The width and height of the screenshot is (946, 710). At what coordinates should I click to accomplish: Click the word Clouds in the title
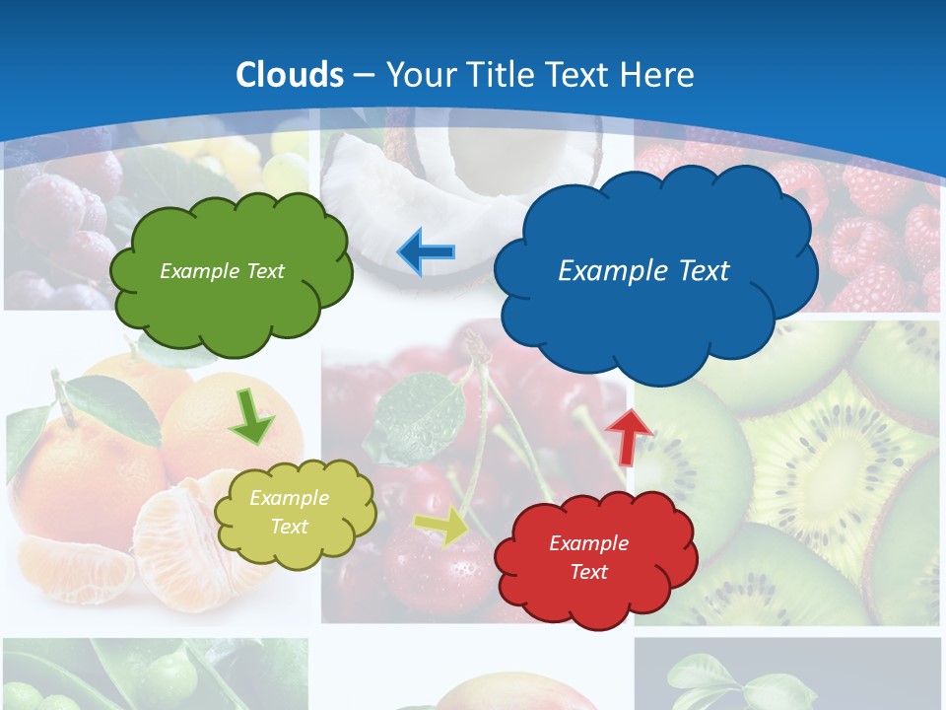(x=290, y=75)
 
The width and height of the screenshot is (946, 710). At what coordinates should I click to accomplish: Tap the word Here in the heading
(x=656, y=75)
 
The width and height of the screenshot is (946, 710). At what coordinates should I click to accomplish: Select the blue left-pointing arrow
(x=426, y=252)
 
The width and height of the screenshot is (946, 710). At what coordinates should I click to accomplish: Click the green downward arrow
(x=252, y=418)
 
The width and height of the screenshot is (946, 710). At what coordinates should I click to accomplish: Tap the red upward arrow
(x=628, y=435)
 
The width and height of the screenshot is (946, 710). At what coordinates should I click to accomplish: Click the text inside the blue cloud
(x=643, y=271)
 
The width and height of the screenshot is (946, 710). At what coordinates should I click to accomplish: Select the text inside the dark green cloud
(x=222, y=271)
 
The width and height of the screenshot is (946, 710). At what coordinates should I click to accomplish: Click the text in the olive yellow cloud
(x=289, y=512)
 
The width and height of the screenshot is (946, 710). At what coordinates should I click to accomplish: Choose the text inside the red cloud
(x=588, y=557)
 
